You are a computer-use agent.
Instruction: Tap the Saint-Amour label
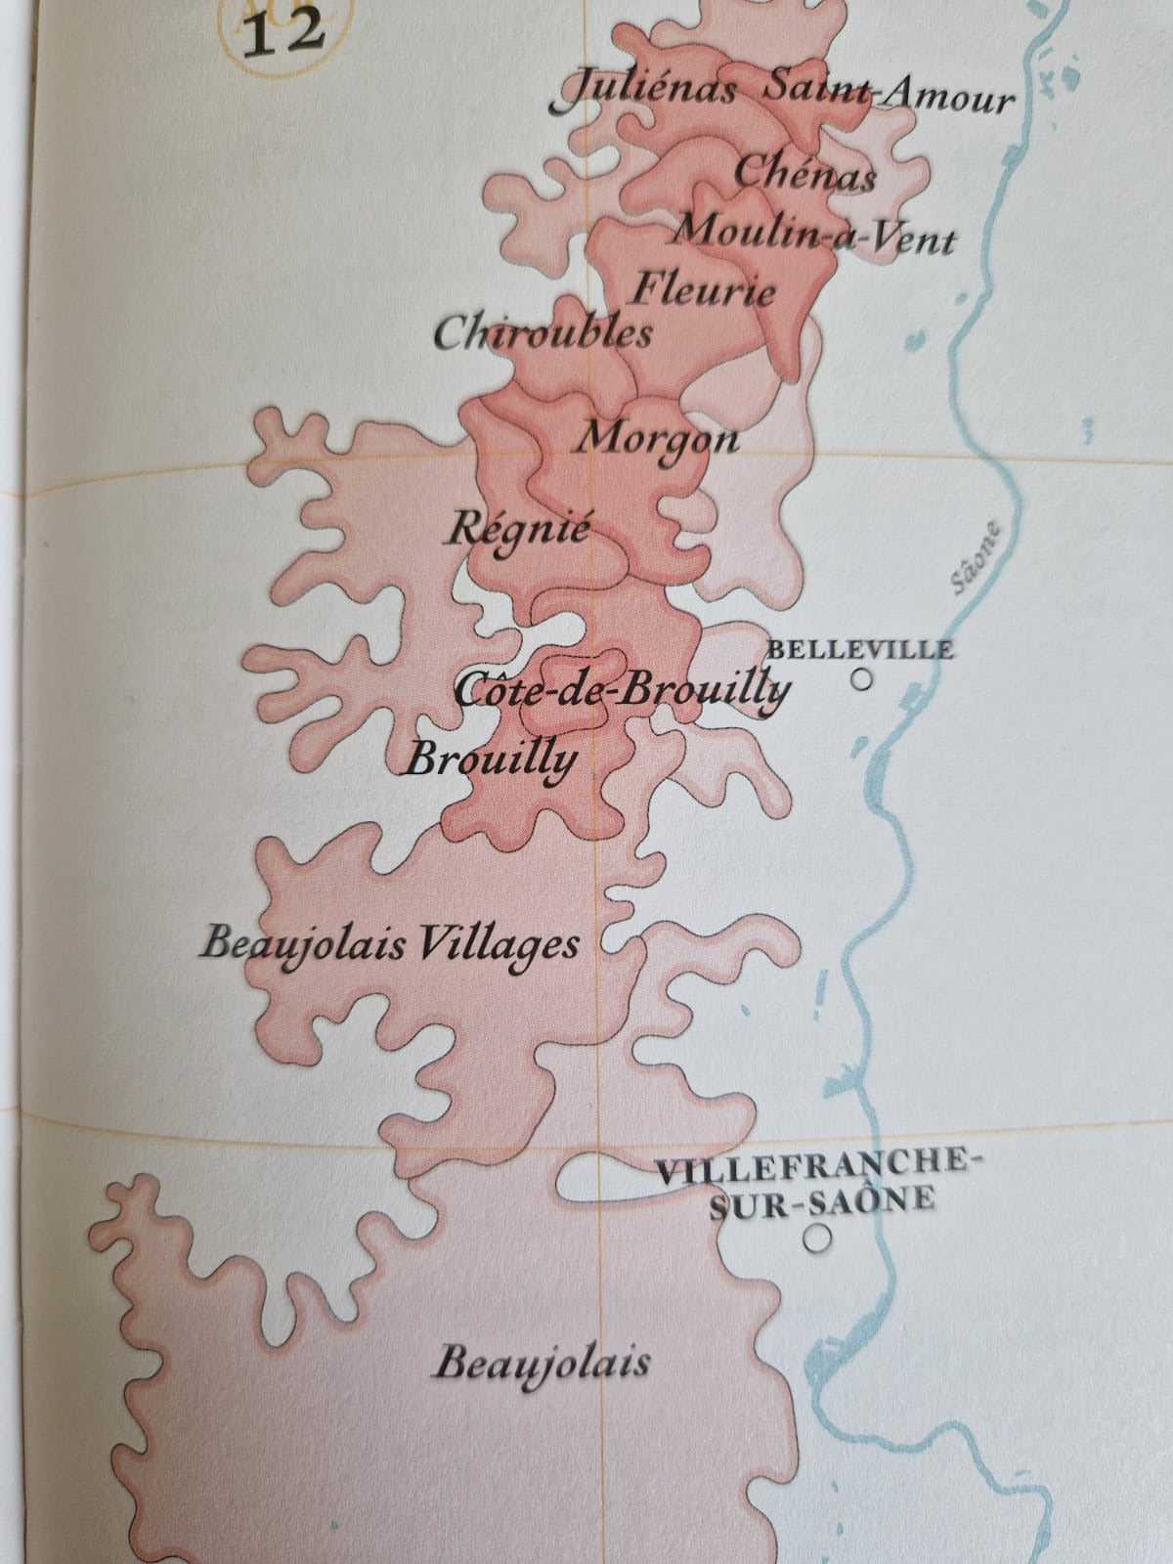click(887, 96)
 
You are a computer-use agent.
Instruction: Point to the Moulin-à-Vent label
click(814, 235)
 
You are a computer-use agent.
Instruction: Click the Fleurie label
click(704, 290)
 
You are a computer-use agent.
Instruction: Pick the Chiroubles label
click(543, 334)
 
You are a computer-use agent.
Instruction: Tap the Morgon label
click(657, 437)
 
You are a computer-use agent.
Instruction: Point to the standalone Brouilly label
click(492, 758)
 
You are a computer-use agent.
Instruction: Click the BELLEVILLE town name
click(860, 649)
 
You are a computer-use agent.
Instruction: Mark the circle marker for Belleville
click(860, 679)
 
